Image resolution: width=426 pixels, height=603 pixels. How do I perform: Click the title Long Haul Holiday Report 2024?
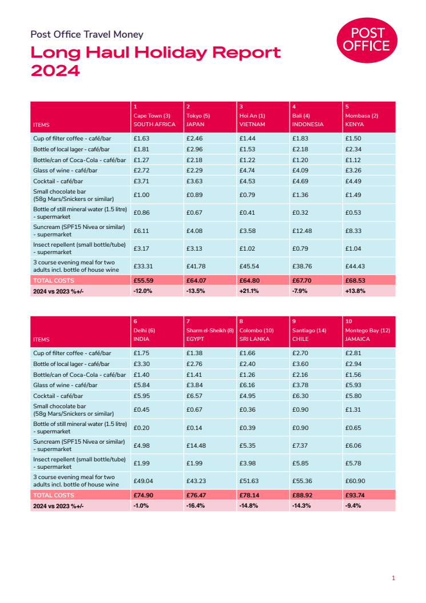pos(155,62)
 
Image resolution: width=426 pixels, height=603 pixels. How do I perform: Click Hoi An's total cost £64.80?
pos(248,280)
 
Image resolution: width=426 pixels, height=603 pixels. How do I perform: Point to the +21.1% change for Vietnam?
pos(249,291)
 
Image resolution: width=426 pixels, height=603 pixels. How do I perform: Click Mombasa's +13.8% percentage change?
pos(355,291)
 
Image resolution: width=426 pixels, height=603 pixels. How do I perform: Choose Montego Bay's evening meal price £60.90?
pos(356,481)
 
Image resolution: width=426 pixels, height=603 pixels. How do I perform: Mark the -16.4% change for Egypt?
pos(196,505)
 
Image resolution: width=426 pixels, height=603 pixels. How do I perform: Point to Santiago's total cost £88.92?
pos(302,495)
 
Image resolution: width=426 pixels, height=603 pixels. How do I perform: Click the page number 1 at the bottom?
pos(393,578)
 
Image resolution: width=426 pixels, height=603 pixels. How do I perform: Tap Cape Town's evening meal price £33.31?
pos(144,266)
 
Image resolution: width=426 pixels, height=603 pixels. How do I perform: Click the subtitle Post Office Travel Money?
pos(87,35)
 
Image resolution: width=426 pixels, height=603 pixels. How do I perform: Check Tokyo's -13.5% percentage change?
pos(196,291)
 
